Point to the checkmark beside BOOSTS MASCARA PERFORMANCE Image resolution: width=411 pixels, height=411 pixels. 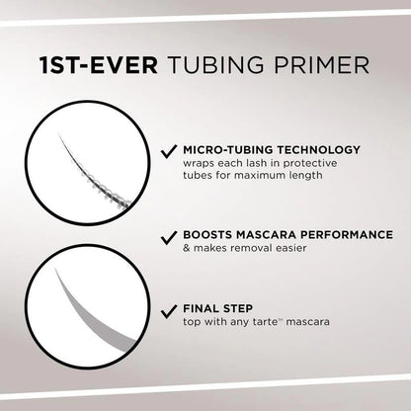tap(168, 239)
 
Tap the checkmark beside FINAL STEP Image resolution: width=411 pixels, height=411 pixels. tap(168, 309)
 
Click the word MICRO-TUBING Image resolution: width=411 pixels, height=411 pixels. tap(223, 150)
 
